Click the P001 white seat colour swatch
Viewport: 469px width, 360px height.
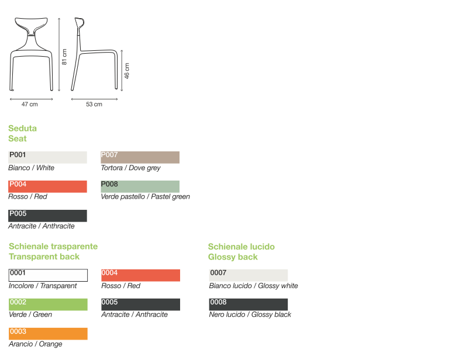pos(47,157)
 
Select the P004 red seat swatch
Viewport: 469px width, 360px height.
pos(47,186)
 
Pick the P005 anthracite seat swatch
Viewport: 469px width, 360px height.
pos(47,216)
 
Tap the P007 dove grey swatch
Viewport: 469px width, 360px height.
pos(140,157)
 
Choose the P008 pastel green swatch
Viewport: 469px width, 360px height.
pos(140,186)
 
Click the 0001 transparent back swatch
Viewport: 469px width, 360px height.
pos(48,275)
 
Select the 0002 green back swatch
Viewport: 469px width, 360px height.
pos(48,304)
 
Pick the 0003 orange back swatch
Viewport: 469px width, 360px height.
pos(48,334)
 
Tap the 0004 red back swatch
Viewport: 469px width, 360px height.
pos(140,275)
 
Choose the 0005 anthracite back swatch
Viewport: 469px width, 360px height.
pos(140,304)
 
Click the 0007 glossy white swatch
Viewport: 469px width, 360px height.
pos(248,275)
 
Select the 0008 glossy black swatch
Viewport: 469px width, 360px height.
pos(248,304)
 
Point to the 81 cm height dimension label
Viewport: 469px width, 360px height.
pos(65,57)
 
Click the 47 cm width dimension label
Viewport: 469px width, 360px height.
pos(29,105)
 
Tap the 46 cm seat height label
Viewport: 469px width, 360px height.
pos(127,71)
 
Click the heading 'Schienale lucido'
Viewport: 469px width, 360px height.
pos(241,247)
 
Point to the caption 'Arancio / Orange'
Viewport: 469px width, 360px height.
pos(35,344)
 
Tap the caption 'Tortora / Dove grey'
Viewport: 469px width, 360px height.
pos(130,168)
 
